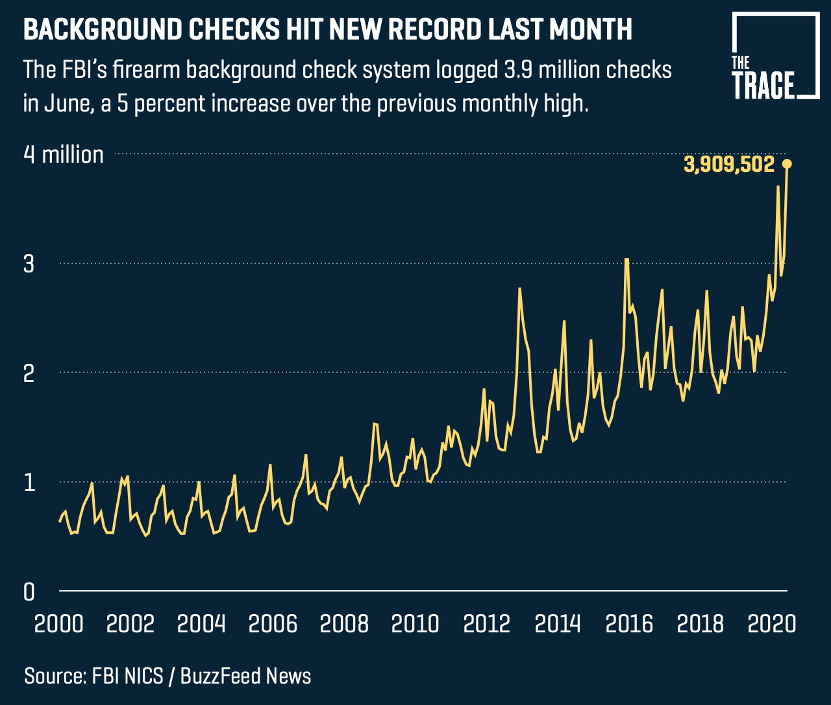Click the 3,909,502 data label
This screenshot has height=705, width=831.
(729, 165)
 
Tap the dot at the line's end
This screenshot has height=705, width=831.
(788, 164)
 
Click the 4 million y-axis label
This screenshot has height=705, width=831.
(63, 155)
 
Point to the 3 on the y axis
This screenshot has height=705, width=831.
(30, 265)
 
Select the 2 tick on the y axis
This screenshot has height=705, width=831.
(30, 374)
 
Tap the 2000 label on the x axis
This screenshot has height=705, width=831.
(58, 624)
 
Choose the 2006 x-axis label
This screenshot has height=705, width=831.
(273, 624)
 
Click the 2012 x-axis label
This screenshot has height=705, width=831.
(487, 624)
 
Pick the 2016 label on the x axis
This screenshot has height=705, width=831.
(629, 624)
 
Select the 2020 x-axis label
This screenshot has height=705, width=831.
(771, 624)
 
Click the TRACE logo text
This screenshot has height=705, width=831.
(763, 86)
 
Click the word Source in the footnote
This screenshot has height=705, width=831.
(54, 676)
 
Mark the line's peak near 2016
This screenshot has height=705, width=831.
(626, 259)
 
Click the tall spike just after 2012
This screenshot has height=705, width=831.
(519, 289)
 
